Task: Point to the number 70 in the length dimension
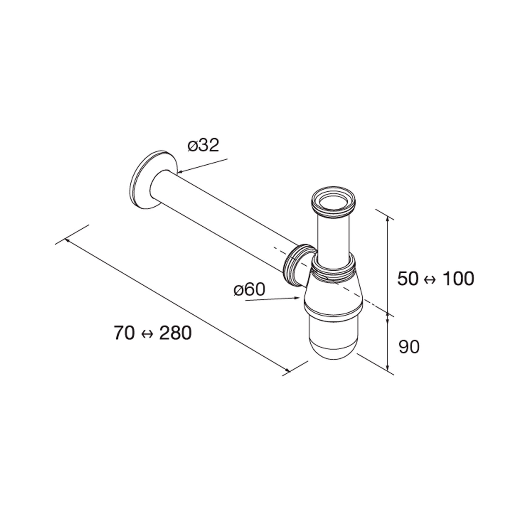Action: click(x=124, y=333)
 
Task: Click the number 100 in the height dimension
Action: click(x=458, y=279)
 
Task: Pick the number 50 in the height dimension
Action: click(x=408, y=279)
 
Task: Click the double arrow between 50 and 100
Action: click(x=430, y=280)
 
